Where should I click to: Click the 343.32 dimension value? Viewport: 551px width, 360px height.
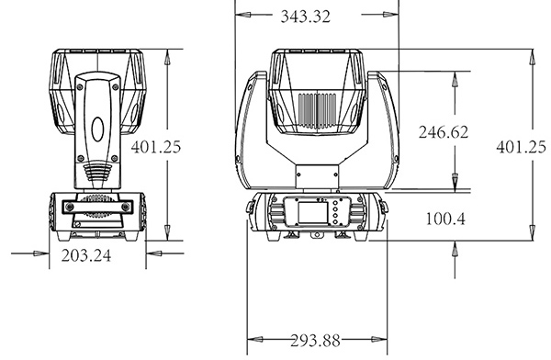306,17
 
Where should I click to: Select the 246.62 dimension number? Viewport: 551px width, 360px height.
444,132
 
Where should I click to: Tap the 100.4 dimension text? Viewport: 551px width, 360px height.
445,219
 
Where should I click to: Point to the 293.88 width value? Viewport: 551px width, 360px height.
316,341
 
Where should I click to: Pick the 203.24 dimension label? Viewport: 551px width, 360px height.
86,255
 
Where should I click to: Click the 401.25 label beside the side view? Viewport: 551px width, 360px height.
156,147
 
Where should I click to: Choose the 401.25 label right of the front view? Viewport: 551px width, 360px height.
521,147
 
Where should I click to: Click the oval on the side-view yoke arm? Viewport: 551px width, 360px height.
97,129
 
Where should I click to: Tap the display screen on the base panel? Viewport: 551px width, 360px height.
312,212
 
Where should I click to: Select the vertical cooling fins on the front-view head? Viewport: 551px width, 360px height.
318,110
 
